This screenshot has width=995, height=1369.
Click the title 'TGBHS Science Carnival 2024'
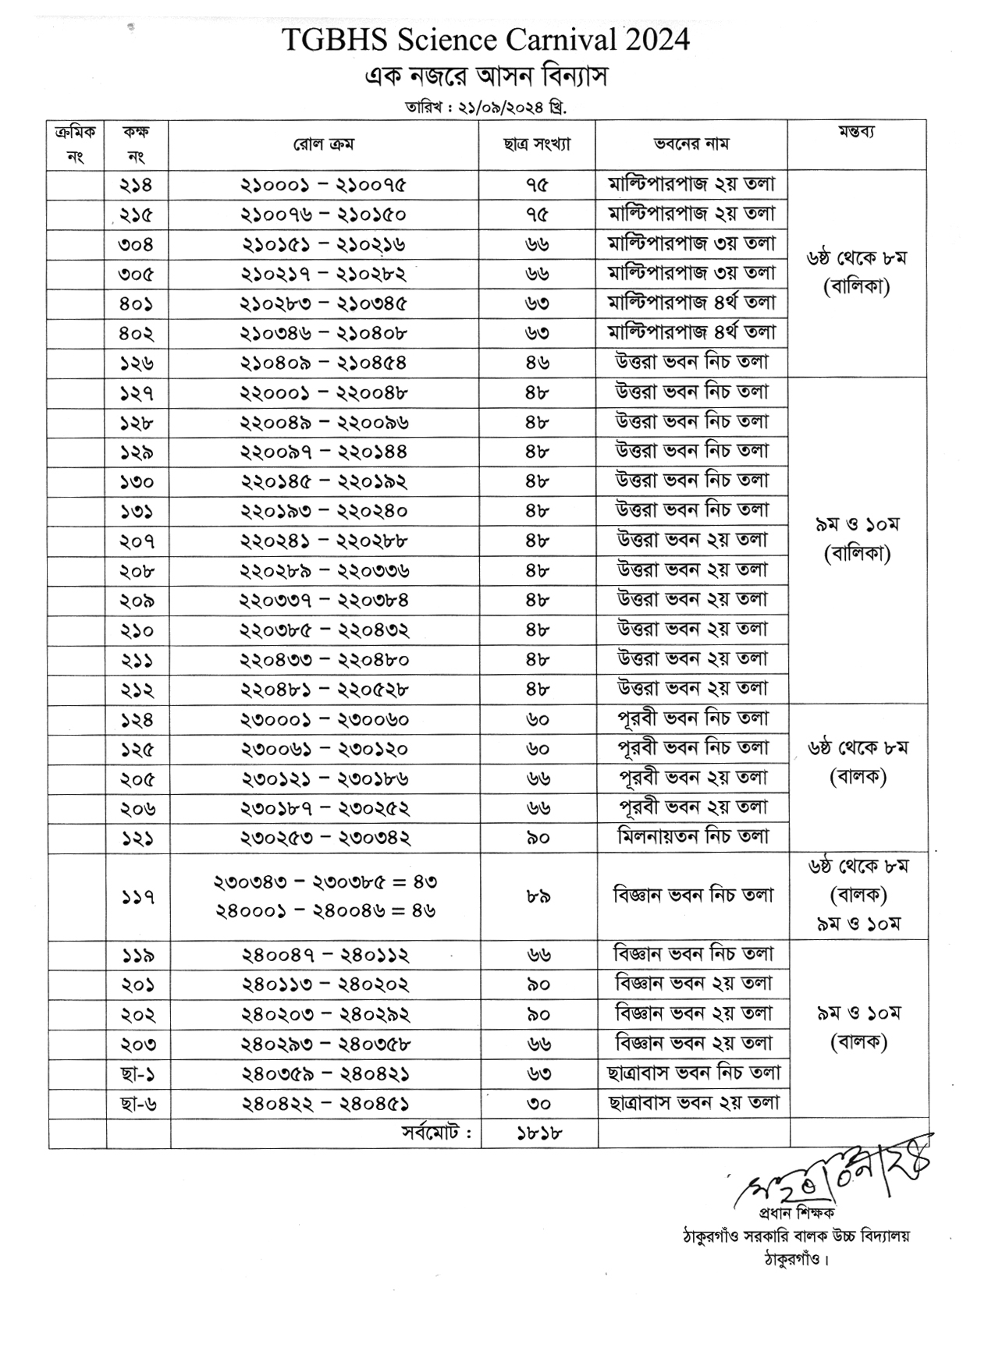point(485,39)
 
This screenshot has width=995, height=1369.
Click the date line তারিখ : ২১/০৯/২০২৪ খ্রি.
point(485,107)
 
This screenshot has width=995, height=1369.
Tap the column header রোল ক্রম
point(323,144)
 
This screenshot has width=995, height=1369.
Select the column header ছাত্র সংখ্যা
point(537,144)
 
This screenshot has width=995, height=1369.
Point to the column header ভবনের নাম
point(691,144)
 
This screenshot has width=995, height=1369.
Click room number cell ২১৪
point(137,186)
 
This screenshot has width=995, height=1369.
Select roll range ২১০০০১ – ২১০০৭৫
point(323,186)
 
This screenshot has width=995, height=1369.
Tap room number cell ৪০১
point(137,304)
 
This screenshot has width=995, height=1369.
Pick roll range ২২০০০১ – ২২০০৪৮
point(323,393)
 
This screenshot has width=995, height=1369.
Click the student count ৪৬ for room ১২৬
point(537,364)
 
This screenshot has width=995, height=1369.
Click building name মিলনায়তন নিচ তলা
point(693,838)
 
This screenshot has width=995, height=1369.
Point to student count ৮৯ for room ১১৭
point(538,898)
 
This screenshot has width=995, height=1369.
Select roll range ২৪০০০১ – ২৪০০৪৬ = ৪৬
point(325,910)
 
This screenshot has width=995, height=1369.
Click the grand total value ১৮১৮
point(538,1134)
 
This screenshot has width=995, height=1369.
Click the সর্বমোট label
point(436,1133)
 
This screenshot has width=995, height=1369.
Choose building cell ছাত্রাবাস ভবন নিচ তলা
point(694,1074)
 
